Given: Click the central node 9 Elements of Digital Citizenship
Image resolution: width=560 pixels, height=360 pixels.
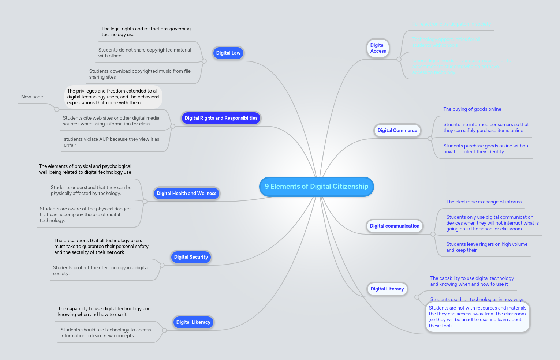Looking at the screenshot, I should [316, 187].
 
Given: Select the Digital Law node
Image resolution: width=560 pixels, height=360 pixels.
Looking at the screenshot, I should [228, 53].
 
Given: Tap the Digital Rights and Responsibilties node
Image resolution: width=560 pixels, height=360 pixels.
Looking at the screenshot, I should [221, 118].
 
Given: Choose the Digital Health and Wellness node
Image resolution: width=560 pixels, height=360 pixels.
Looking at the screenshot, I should [186, 194].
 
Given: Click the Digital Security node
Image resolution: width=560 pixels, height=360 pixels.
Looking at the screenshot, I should [191, 257].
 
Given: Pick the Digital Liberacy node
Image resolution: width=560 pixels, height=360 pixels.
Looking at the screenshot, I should [193, 322].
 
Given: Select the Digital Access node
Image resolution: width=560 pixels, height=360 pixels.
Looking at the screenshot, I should [378, 48].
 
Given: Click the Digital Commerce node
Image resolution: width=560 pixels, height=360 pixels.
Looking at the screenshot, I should [397, 131].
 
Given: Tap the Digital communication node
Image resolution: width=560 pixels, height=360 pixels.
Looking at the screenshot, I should [394, 226].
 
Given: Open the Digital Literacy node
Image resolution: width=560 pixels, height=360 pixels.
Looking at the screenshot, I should [387, 289].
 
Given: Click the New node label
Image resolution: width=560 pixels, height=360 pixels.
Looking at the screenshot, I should [32, 97].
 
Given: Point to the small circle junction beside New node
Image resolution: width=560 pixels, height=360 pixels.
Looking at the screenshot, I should [56, 109].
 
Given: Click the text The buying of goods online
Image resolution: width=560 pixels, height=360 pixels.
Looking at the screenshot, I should [472, 109].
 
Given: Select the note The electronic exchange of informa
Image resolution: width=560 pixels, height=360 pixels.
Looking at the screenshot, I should [484, 202].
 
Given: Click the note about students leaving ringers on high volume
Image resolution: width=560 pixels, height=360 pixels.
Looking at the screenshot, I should [486, 247].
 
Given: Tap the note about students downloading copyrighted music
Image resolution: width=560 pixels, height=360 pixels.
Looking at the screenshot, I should [139, 74].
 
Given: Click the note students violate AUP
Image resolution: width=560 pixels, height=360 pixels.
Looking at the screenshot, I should [111, 142].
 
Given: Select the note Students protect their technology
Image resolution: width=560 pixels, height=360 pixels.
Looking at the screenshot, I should [101, 271].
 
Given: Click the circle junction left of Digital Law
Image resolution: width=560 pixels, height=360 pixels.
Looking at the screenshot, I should [204, 61].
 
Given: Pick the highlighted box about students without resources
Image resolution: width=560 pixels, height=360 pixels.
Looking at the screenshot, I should [477, 317].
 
